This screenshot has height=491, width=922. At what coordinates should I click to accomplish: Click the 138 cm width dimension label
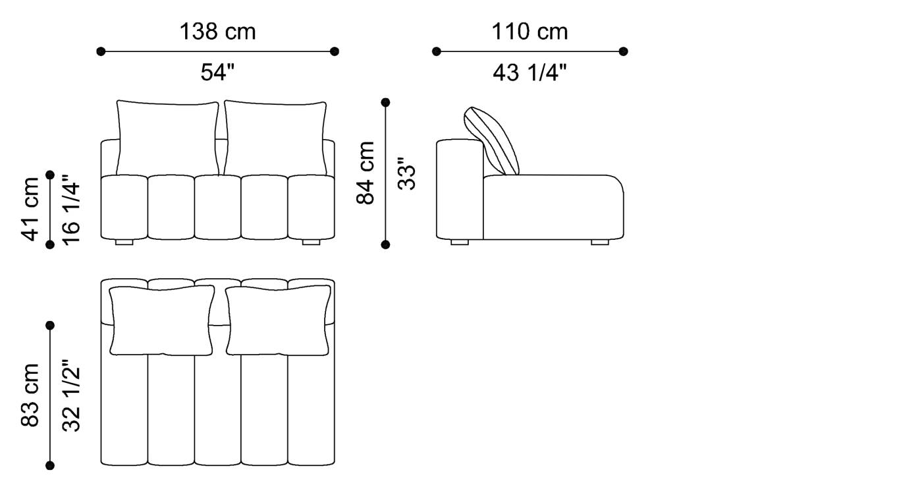pyautogui.click(x=218, y=32)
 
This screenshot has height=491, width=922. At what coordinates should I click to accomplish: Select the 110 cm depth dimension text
pyautogui.click(x=529, y=32)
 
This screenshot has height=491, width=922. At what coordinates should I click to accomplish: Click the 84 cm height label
pyautogui.click(x=366, y=173)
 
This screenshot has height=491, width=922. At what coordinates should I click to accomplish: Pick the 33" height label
pyautogui.click(x=407, y=173)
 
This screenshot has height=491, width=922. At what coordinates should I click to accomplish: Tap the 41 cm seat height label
pyautogui.click(x=30, y=209)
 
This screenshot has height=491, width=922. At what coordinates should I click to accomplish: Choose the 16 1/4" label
pyautogui.click(x=71, y=210)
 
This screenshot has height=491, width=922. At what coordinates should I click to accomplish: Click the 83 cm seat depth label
pyautogui.click(x=30, y=395)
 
